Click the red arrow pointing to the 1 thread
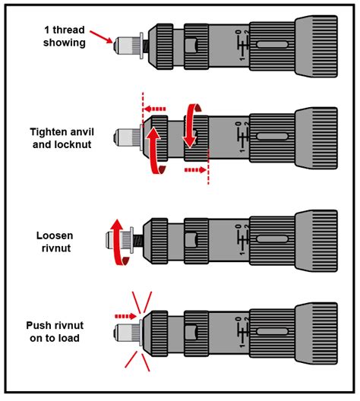(101, 36)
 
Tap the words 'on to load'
(55, 337)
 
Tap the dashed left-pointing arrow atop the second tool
(157, 107)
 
